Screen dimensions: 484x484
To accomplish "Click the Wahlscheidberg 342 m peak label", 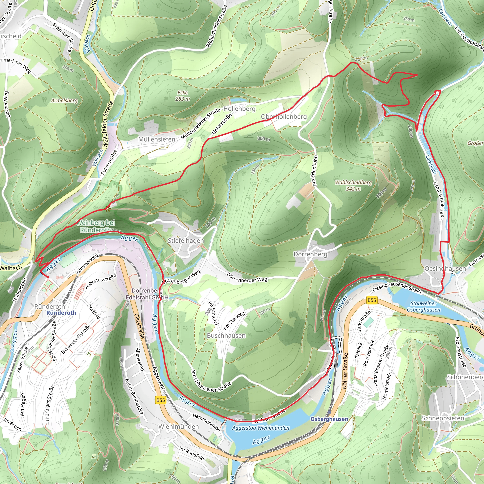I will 353,185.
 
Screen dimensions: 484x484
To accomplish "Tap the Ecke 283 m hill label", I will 183,96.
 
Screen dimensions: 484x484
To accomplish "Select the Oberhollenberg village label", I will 284,117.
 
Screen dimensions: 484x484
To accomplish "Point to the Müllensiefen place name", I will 157,139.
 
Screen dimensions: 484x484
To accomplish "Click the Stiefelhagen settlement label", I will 186,241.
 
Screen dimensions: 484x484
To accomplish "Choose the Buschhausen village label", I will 226,335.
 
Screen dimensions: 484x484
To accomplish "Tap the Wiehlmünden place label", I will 178,426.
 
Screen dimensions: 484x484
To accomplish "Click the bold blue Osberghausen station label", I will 329,419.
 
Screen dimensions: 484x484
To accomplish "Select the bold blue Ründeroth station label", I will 61,313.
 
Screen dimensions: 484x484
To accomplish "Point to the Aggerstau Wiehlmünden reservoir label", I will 260,428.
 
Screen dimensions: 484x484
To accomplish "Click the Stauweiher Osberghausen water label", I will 423,307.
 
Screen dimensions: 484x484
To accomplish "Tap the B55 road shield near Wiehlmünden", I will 160,400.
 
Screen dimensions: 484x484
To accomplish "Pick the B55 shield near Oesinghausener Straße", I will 372,300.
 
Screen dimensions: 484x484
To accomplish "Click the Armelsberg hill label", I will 64,100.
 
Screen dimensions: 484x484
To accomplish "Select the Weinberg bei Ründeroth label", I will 95,226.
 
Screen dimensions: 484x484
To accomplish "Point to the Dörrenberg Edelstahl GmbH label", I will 147,294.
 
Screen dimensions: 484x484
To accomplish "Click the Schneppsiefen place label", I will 443,418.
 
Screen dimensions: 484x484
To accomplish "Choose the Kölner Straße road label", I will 345,371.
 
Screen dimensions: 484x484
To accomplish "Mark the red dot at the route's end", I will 48,277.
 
